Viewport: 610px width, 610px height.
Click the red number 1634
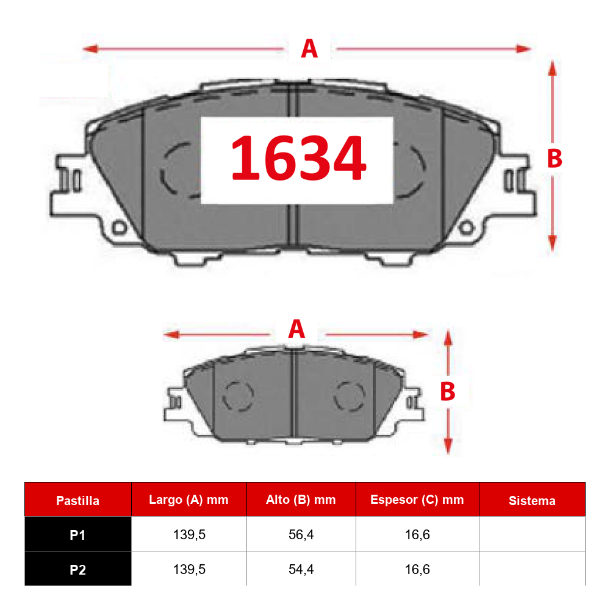click(298, 158)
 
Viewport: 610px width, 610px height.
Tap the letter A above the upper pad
click(309, 49)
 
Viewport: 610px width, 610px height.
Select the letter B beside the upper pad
click(554, 159)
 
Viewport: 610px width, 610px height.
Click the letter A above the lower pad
click(296, 329)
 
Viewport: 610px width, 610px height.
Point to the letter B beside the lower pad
click(447, 392)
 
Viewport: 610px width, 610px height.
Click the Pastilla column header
click(77, 501)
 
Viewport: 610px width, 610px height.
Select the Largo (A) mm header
click(188, 500)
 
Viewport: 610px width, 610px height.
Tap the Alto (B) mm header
click(301, 500)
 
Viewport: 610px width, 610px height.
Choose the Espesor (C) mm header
click(417, 500)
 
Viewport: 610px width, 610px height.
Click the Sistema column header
click(532, 501)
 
